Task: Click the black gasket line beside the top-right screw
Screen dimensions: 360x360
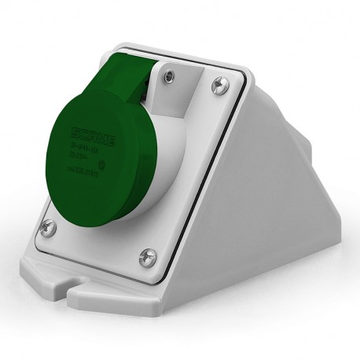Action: [x=235, y=94]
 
